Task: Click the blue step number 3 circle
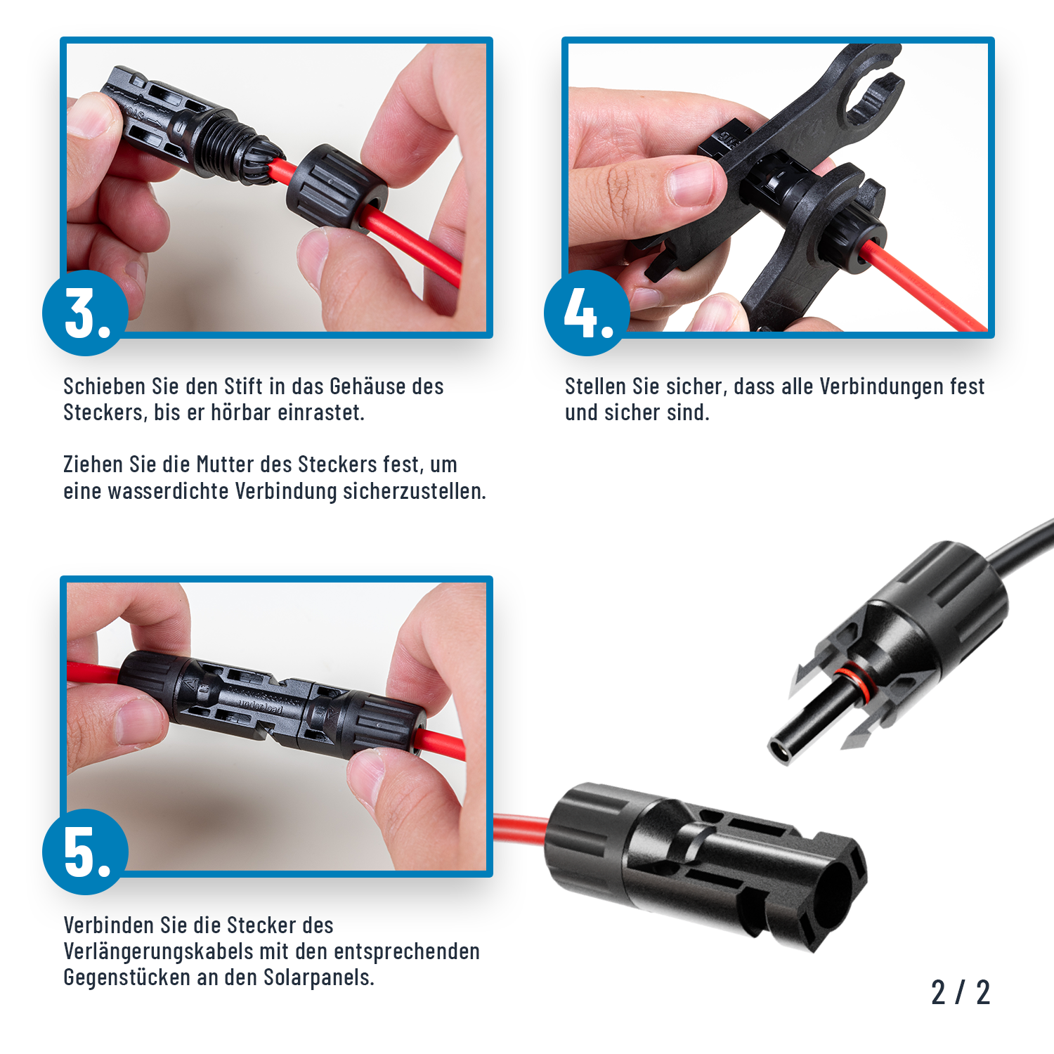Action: tap(85, 313)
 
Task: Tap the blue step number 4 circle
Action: tap(587, 313)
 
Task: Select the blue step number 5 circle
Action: tap(85, 852)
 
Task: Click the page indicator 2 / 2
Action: tap(960, 992)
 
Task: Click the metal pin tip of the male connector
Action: tap(780, 752)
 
